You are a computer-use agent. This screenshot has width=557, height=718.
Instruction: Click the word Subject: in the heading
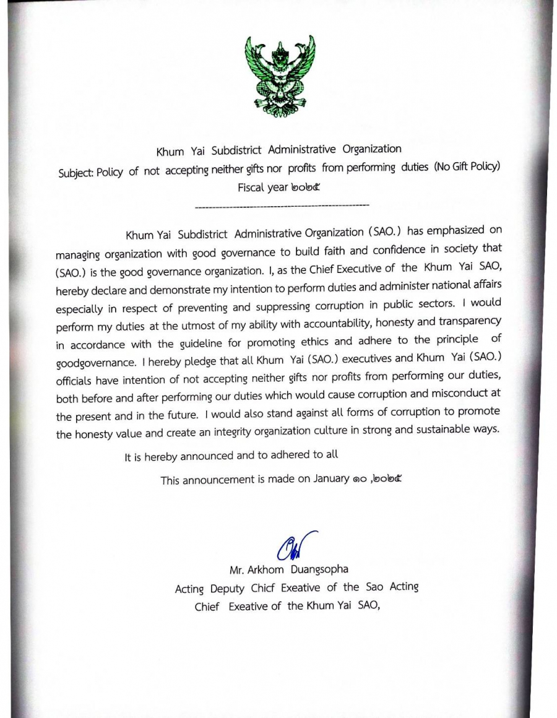pyautogui.click(x=76, y=172)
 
